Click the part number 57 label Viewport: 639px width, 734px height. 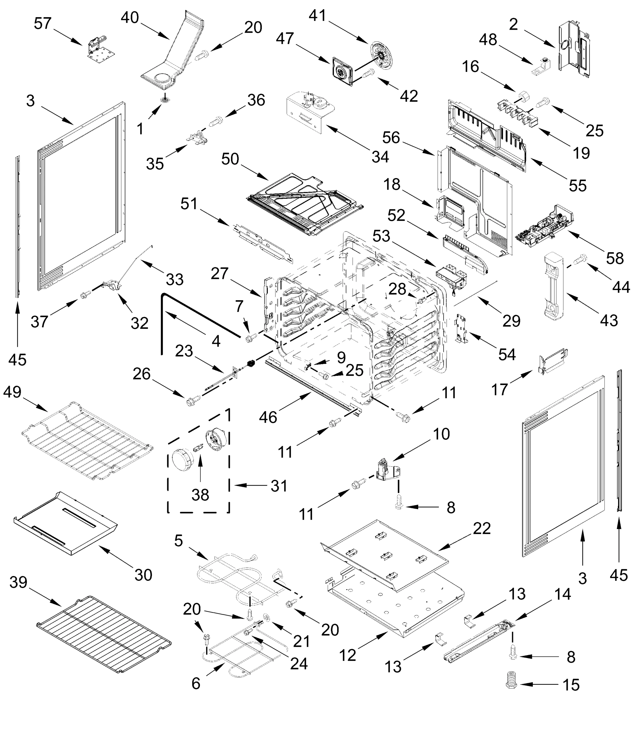pos(43,24)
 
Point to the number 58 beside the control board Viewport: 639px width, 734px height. pos(615,258)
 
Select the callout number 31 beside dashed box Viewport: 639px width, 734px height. pos(279,485)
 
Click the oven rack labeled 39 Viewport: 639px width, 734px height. pos(103,637)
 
